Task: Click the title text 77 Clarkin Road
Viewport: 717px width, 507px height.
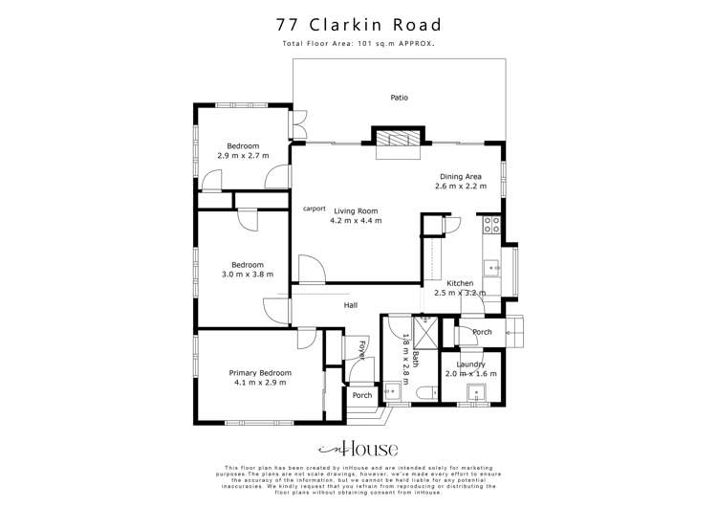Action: (358, 24)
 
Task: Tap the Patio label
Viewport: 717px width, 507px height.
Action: (400, 97)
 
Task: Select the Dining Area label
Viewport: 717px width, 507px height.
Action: (460, 176)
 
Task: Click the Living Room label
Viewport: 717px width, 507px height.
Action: (356, 210)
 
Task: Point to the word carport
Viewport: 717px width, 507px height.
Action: (315, 208)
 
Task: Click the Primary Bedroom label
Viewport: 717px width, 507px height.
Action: (259, 372)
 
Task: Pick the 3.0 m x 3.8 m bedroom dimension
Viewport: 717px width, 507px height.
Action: (246, 275)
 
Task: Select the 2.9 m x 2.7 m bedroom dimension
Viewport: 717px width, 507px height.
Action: (243, 155)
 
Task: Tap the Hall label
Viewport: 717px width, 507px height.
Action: (351, 305)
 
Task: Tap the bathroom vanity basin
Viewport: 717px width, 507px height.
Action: (392, 390)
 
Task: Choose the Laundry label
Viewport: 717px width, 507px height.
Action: (471, 364)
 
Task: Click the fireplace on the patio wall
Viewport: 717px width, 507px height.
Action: (396, 144)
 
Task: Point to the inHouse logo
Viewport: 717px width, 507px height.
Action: (358, 448)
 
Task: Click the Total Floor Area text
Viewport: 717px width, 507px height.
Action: (358, 44)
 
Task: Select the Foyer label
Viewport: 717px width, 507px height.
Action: (362, 348)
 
